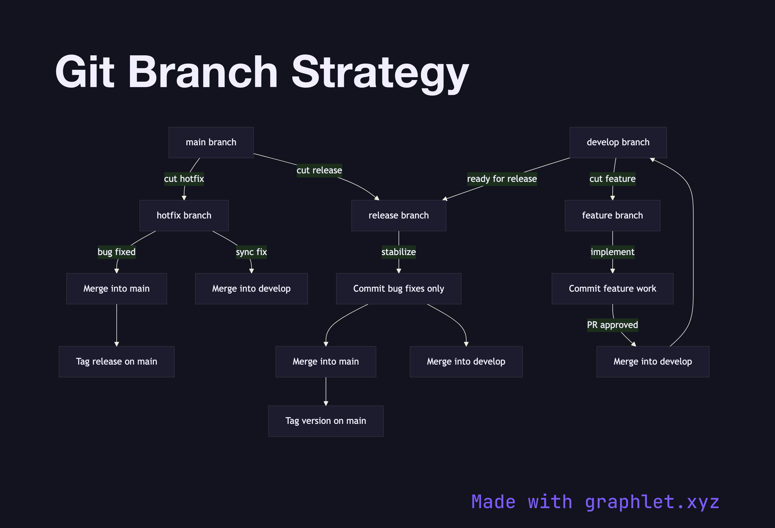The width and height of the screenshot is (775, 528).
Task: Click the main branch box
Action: (211, 142)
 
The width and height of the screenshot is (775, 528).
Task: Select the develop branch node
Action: (618, 142)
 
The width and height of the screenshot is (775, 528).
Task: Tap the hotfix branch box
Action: (184, 215)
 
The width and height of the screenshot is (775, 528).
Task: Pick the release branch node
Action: (399, 215)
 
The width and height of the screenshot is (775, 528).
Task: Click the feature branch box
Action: (612, 215)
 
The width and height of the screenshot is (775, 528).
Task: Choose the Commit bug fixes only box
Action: (399, 289)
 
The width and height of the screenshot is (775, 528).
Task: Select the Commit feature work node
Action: (612, 289)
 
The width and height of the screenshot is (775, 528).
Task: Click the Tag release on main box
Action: (116, 362)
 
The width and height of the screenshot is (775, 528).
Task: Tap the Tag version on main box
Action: (326, 421)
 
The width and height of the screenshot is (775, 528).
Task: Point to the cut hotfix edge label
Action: (184, 179)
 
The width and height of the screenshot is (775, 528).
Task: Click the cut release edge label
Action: (319, 170)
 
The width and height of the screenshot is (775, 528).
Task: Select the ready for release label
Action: (502, 179)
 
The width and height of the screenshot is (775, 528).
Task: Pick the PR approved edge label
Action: (612, 325)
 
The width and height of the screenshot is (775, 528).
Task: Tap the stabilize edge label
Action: (399, 252)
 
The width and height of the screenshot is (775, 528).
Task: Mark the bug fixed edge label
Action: (116, 252)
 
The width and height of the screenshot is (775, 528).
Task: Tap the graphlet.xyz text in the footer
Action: (652, 502)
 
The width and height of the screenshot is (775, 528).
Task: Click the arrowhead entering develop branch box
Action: (653, 160)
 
